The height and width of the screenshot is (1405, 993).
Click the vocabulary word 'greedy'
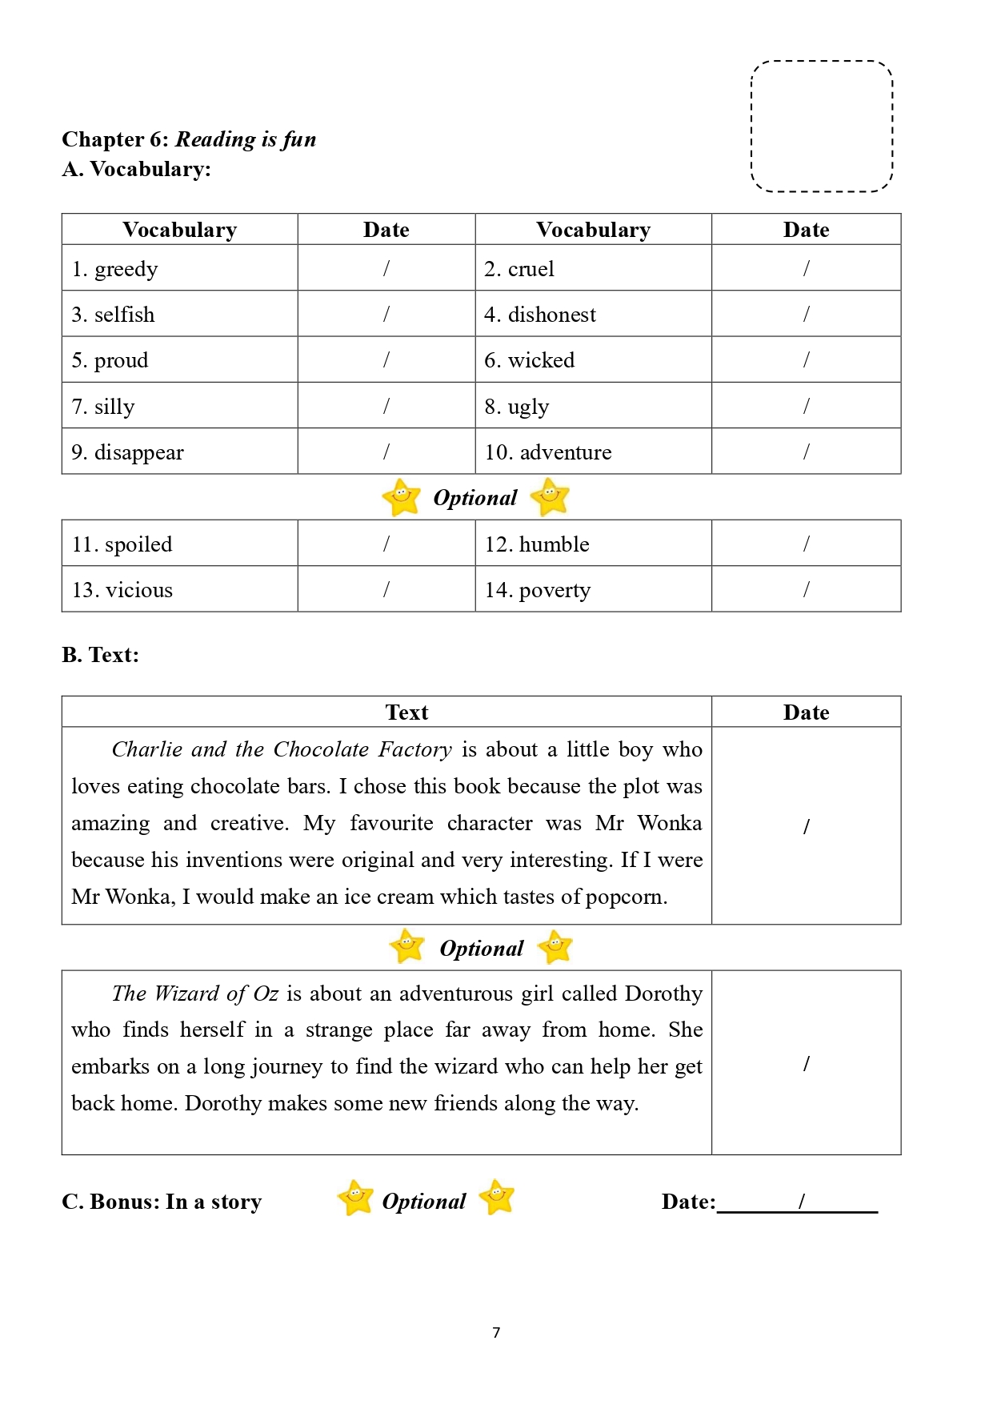pyautogui.click(x=126, y=269)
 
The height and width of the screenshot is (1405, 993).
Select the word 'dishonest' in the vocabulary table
pyautogui.click(x=551, y=315)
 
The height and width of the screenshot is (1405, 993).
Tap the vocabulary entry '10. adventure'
pyautogui.click(x=548, y=452)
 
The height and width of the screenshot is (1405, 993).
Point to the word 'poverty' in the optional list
pyautogui.click(x=555, y=591)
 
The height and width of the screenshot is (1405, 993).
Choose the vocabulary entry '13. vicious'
pyautogui.click(x=122, y=590)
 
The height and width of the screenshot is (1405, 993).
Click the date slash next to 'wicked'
pyautogui.click(x=806, y=360)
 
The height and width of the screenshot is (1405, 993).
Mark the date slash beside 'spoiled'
pyautogui.click(x=386, y=544)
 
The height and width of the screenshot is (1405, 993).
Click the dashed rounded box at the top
pyautogui.click(x=822, y=126)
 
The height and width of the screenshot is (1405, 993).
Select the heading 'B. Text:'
pyautogui.click(x=100, y=655)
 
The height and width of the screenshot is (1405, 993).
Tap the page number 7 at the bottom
pyautogui.click(x=496, y=1332)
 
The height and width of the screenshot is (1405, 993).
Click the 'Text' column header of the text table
pyautogui.click(x=406, y=713)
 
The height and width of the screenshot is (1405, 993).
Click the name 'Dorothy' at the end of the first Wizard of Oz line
pyautogui.click(x=663, y=994)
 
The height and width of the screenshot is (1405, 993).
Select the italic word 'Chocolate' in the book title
pyautogui.click(x=321, y=749)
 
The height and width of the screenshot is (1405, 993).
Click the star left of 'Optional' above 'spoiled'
pyautogui.click(x=401, y=497)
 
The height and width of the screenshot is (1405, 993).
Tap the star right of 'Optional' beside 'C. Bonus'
pyautogui.click(x=497, y=1198)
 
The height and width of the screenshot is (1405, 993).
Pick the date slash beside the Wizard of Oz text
pyautogui.click(x=806, y=1063)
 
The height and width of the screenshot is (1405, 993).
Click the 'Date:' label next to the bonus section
pyautogui.click(x=688, y=1202)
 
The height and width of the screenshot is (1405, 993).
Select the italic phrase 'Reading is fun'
pyautogui.click(x=246, y=139)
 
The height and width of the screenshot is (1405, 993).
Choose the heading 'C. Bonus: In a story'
pyautogui.click(x=162, y=1202)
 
